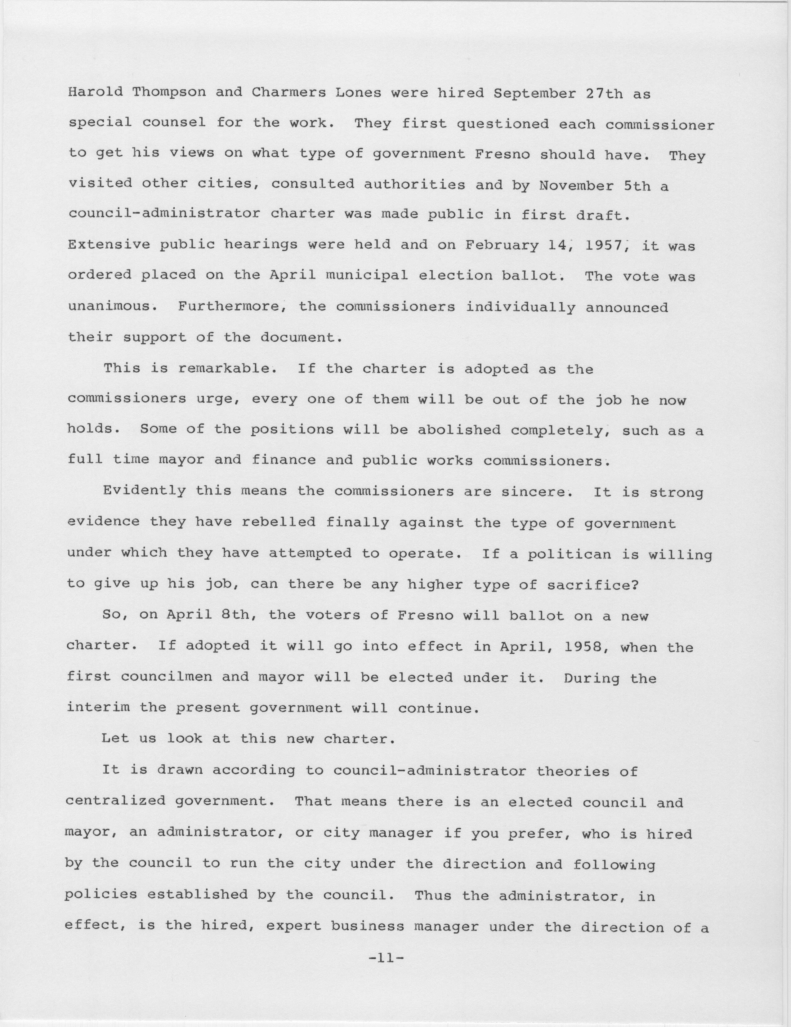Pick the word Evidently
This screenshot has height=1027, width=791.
[144, 491]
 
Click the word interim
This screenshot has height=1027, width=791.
[98, 708]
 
